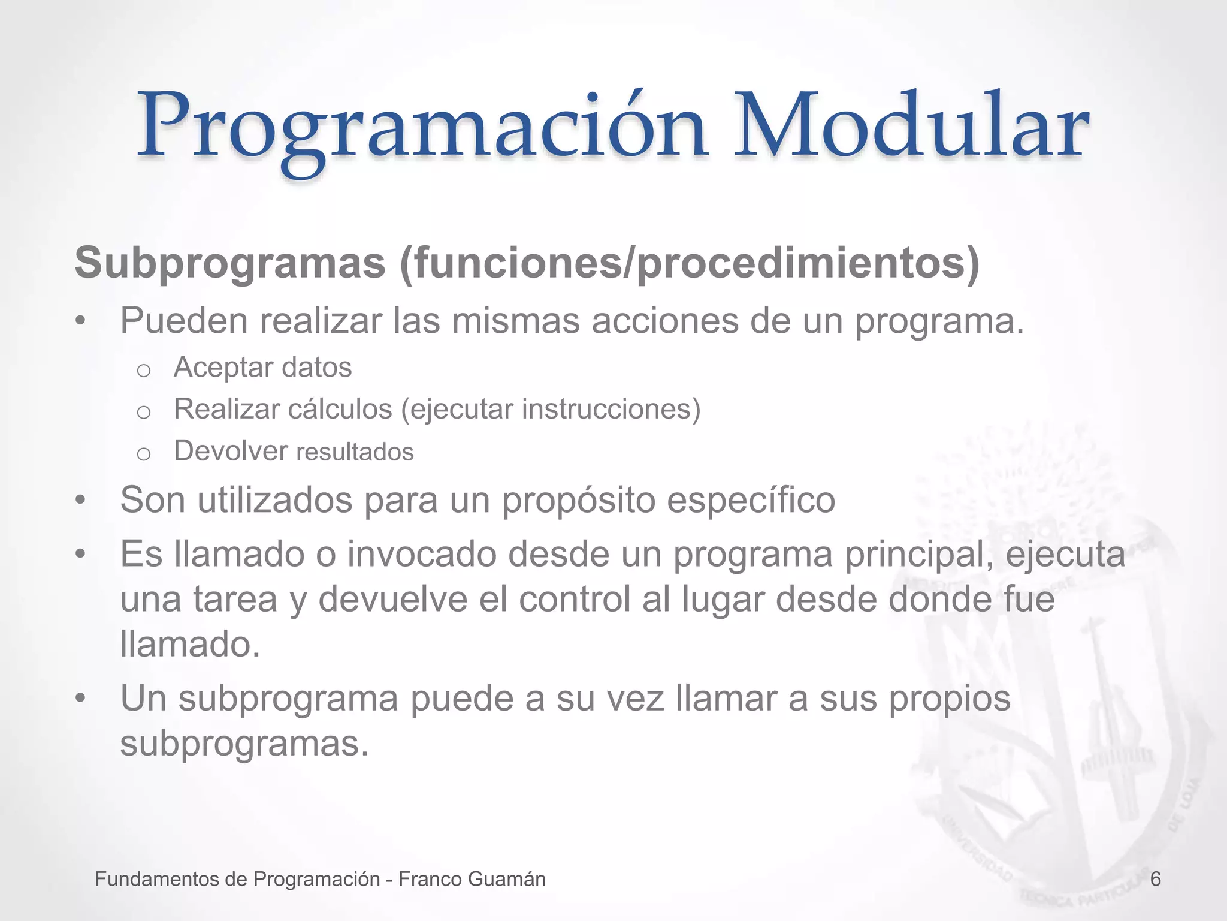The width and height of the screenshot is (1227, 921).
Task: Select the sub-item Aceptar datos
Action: [x=262, y=367]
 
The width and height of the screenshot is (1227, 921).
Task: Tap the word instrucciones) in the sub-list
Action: [x=611, y=409]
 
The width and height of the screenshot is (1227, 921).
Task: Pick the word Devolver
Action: [x=231, y=451]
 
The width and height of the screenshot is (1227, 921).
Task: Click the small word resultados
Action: [x=355, y=452]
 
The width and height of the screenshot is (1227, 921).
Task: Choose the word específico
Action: [x=751, y=499]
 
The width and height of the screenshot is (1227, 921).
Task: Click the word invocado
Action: [x=422, y=553]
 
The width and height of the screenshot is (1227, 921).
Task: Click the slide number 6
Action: [x=1156, y=879]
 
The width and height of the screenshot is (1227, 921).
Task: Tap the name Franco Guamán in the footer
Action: [x=472, y=879]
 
